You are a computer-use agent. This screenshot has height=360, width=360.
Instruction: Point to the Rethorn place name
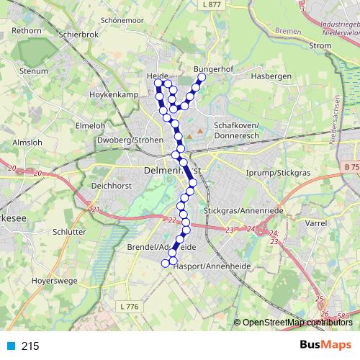pos(27,31)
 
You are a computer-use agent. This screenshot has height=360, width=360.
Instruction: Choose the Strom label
pos(320,46)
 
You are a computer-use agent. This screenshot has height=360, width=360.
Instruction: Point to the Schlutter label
pos(69,233)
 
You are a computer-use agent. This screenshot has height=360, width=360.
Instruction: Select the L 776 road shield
pos(130,307)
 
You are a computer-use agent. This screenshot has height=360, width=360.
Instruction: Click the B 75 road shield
pos(351,167)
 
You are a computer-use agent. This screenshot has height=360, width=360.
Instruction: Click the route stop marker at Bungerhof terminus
pos(202,77)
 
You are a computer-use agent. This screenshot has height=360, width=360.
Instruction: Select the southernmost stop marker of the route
pos(165,264)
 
